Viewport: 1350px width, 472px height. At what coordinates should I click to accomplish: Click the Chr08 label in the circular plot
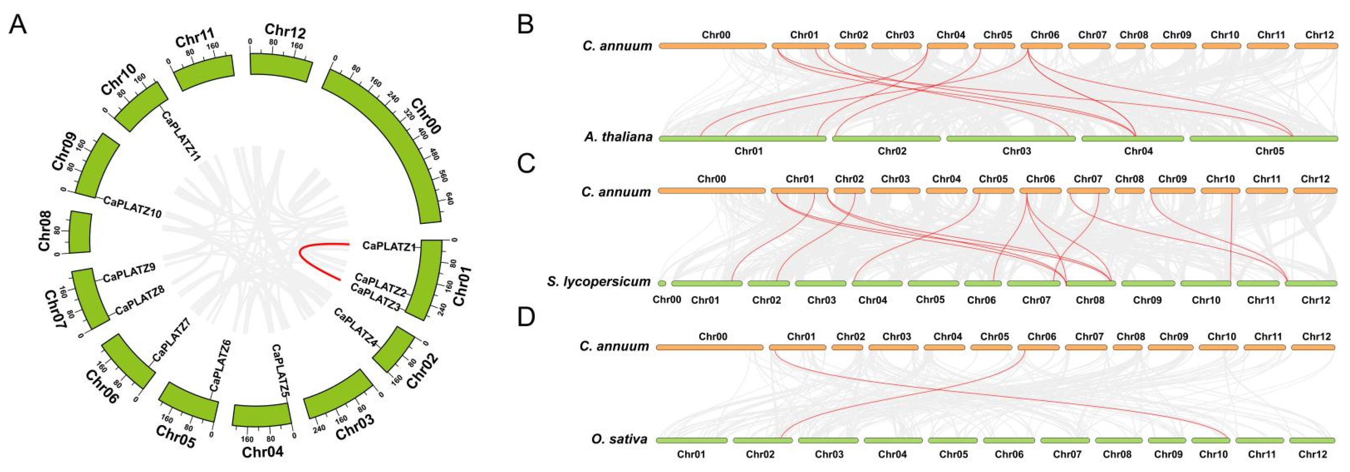[46, 231]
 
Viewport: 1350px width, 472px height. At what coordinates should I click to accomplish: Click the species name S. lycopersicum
[598, 282]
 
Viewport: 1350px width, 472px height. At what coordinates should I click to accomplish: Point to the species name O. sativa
[619, 439]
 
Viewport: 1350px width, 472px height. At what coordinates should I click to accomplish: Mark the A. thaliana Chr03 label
[1017, 151]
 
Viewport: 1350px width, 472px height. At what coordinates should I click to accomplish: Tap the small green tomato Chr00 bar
[662, 284]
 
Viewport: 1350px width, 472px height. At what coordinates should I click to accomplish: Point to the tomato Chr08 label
[1090, 300]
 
